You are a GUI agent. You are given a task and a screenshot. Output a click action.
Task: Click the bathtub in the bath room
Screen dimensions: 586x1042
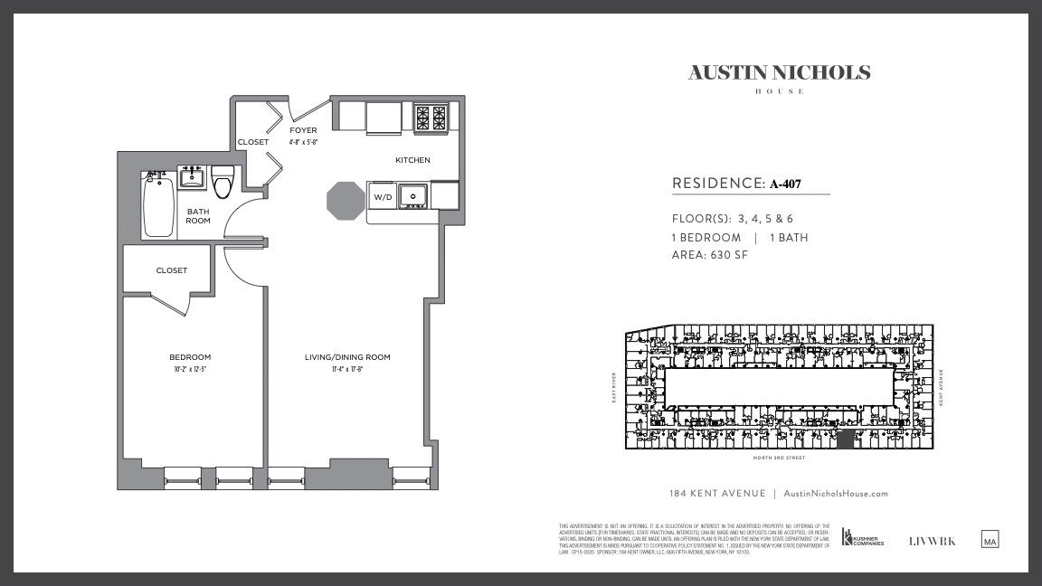point(158,207)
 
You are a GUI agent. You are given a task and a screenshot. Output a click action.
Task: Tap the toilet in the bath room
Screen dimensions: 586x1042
point(223,181)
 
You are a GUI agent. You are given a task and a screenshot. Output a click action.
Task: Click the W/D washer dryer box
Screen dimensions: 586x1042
point(383,196)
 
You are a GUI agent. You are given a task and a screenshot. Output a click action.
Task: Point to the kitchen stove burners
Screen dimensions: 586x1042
point(431,118)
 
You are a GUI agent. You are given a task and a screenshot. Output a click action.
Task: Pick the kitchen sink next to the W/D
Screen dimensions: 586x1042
point(413,195)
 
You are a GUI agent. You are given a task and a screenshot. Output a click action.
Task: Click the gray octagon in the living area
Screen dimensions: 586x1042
point(345,200)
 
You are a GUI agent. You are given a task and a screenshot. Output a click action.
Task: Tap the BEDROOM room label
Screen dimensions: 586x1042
point(190,357)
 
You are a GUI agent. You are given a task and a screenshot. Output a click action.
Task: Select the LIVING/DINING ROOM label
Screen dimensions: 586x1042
point(347,357)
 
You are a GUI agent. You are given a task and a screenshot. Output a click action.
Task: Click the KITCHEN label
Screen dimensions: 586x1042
point(412,160)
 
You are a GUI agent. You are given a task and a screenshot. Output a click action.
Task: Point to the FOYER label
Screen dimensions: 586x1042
point(303,130)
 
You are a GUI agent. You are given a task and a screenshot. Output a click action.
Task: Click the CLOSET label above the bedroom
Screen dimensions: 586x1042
point(171,270)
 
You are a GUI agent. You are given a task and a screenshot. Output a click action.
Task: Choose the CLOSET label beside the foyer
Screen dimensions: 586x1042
point(253,142)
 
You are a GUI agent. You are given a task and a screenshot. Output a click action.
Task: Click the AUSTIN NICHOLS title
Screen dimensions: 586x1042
point(779,73)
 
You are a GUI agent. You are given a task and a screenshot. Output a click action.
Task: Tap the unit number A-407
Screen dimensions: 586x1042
point(785,184)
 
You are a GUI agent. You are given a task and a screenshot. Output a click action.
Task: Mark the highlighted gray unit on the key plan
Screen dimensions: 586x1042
point(845,439)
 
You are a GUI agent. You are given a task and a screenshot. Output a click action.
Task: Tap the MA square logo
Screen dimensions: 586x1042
point(990,540)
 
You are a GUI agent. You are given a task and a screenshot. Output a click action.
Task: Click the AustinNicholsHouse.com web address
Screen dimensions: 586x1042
point(835,494)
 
